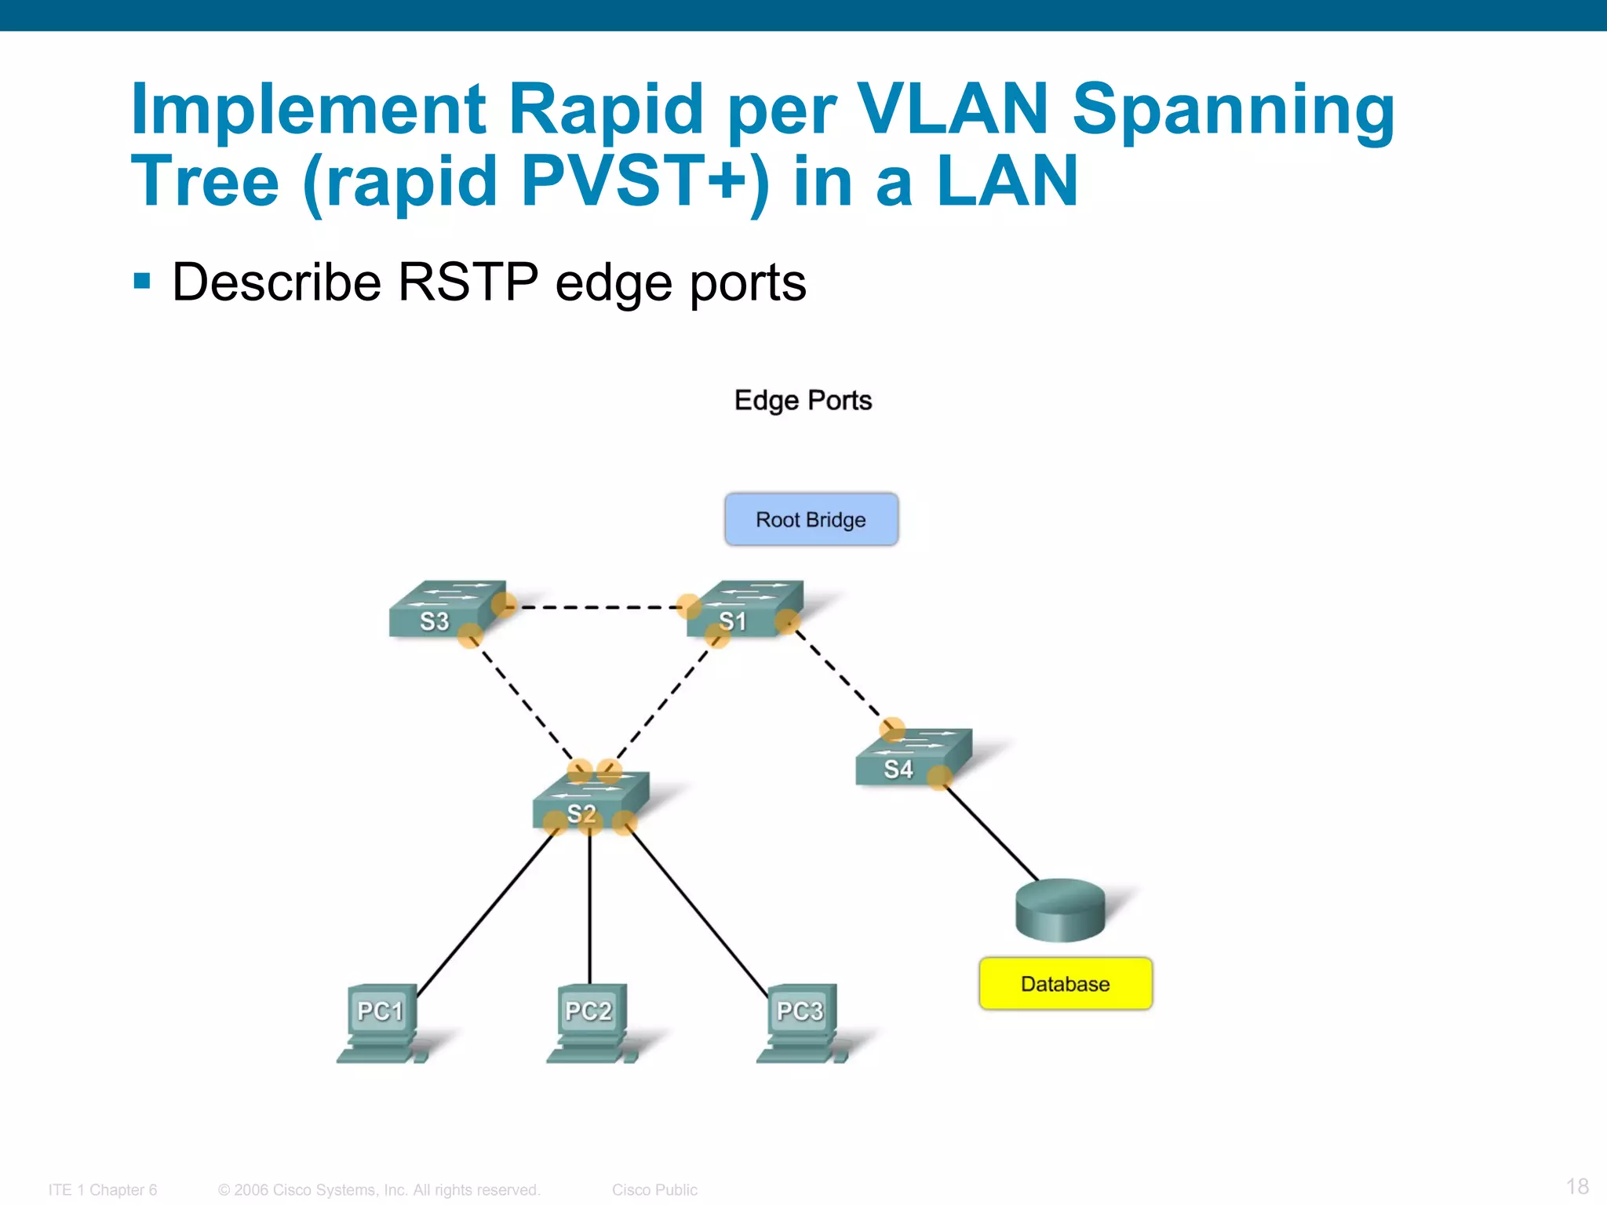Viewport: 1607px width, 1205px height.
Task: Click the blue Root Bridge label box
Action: click(x=811, y=519)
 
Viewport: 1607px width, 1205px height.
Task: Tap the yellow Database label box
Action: click(x=1065, y=984)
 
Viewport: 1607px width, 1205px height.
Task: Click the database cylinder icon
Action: click(x=1060, y=909)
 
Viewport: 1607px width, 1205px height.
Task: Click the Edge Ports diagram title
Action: click(x=803, y=400)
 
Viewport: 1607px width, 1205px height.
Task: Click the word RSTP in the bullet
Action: click(x=468, y=282)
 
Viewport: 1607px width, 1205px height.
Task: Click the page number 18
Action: click(x=1576, y=1186)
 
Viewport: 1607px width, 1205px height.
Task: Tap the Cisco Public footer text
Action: click(x=654, y=1189)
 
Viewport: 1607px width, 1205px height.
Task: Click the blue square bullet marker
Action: click(x=142, y=281)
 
